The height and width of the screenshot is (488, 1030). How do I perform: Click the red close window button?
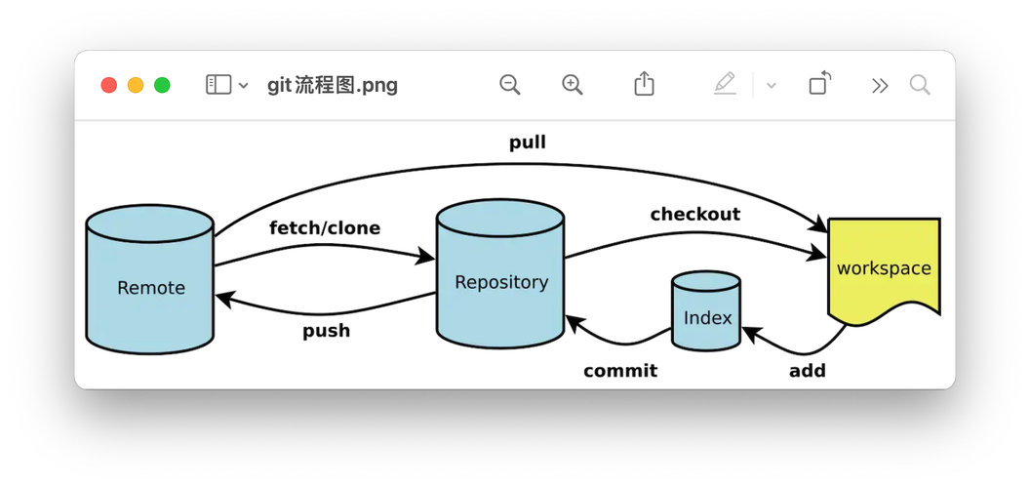point(109,85)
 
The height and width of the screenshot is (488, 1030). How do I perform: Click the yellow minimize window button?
point(136,85)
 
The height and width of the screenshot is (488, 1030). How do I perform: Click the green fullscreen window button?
point(162,85)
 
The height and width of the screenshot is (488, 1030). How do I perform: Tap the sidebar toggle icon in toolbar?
point(218,85)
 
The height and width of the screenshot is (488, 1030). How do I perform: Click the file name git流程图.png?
point(332,85)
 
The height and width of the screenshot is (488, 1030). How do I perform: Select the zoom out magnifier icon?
point(509,85)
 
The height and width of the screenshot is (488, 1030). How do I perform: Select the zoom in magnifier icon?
point(573,85)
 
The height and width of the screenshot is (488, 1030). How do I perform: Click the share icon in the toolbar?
point(644,84)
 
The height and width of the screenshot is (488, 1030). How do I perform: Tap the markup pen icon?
point(725,84)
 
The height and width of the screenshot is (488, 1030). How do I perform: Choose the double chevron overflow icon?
point(880,85)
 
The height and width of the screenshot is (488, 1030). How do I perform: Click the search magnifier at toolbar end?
point(920,85)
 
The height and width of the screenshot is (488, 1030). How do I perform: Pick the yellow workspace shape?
point(884,267)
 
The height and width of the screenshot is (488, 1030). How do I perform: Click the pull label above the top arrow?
point(528,142)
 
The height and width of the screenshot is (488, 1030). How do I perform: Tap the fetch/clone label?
point(325,228)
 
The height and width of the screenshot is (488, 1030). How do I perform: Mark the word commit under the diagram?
point(620,371)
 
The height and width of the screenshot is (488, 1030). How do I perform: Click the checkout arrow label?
point(694,214)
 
